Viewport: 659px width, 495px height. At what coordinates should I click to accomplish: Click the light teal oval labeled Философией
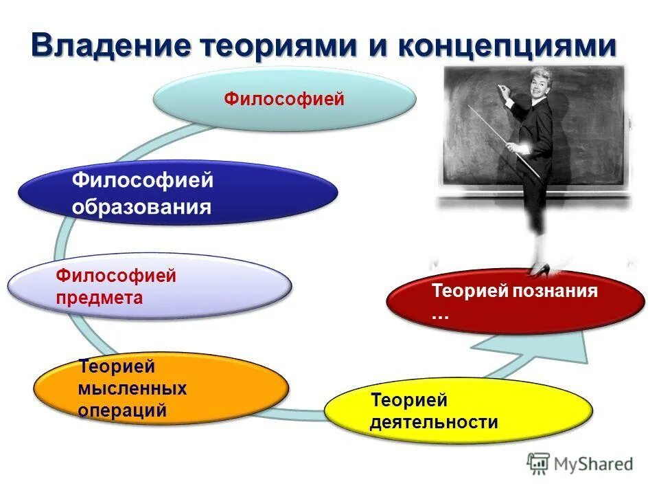[x=284, y=100]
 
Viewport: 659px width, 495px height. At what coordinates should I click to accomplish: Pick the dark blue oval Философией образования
[x=177, y=193]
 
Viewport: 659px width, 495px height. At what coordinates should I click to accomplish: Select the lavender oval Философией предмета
[x=150, y=287]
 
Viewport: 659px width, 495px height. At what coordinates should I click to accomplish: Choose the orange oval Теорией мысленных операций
[x=161, y=388]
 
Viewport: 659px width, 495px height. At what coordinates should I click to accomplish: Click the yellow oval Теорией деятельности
[x=458, y=410]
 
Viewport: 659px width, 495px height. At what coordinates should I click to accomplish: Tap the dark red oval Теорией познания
[x=516, y=301]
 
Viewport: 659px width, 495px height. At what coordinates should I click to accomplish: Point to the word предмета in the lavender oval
[x=100, y=298]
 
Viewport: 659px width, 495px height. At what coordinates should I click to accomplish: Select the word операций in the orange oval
[x=122, y=410]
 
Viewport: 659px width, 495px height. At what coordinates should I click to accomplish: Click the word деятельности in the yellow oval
[x=434, y=421]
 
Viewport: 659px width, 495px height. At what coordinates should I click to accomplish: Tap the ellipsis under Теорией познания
[x=440, y=315]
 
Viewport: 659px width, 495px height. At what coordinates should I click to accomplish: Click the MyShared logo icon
[x=538, y=463]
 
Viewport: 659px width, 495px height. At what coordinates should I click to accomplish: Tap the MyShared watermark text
[x=594, y=464]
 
